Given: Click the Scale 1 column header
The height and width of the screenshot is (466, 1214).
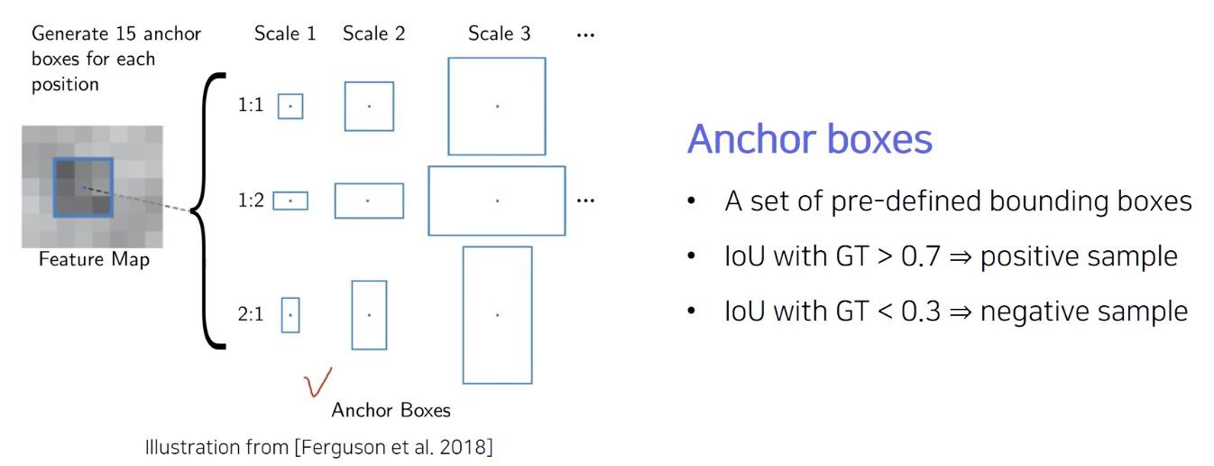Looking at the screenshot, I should [285, 34].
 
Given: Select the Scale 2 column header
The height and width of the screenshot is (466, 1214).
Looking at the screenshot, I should [373, 34].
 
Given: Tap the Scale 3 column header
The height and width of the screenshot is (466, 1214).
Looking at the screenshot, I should [499, 34].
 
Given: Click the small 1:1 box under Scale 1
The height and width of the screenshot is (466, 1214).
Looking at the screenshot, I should [290, 107].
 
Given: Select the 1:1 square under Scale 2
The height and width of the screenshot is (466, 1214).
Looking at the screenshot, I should [369, 107].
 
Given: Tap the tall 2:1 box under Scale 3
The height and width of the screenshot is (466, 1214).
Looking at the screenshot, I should [497, 314].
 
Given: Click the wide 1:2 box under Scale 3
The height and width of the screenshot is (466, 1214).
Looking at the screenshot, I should [497, 200].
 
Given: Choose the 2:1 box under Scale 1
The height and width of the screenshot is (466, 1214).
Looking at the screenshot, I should [290, 315].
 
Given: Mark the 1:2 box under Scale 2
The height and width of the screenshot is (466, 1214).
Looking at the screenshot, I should [369, 200].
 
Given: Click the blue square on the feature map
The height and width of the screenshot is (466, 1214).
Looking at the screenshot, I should [83, 187].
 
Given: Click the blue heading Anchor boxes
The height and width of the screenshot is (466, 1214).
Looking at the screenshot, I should [810, 141].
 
